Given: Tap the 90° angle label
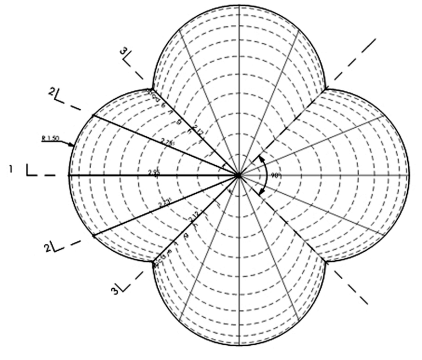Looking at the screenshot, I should tap(275, 174).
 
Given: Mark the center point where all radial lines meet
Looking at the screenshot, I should tap(239, 174).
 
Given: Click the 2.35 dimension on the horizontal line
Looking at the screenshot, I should tap(154, 172).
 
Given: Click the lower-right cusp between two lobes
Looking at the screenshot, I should tap(327, 261).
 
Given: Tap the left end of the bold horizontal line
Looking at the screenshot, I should tap(69, 174).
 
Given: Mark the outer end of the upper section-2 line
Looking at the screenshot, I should tap(92, 115).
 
